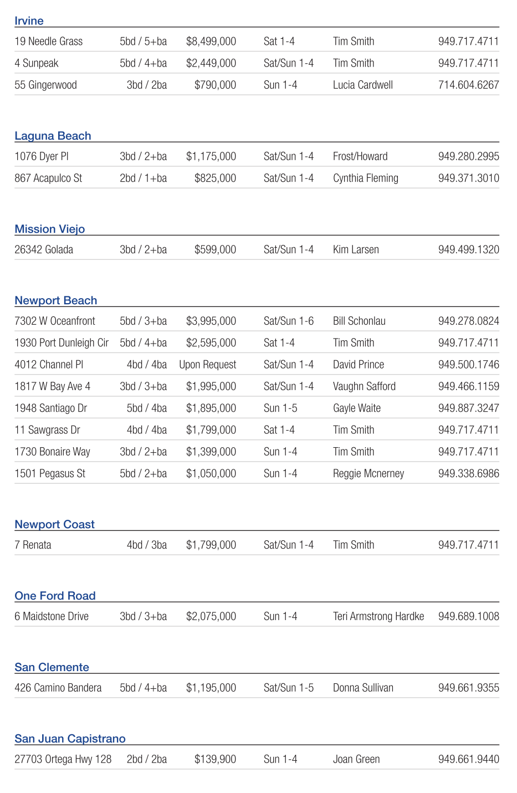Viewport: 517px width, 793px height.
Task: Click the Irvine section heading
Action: point(29,21)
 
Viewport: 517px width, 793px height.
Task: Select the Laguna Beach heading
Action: point(53,136)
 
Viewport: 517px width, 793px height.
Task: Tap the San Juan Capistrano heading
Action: point(70,739)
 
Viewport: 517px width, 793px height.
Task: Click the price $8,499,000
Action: point(211,42)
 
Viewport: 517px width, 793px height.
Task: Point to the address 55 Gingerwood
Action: point(45,85)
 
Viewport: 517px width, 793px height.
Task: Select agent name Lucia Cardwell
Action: point(363,85)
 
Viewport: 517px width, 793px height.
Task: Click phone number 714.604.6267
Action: point(468,85)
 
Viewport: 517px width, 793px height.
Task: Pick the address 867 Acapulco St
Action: point(48,178)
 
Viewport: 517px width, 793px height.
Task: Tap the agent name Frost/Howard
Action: point(360,157)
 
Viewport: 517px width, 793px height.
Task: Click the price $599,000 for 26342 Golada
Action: point(215,250)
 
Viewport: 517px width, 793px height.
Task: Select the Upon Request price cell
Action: point(208,365)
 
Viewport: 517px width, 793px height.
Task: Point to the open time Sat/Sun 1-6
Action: point(289,321)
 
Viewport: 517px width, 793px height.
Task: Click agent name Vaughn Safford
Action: point(364,386)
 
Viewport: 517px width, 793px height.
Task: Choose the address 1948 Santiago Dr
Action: point(51,408)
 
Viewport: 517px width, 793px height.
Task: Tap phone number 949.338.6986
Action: point(468,474)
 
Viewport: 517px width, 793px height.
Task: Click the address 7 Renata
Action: point(33,545)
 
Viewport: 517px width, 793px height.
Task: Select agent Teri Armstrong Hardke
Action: point(378,617)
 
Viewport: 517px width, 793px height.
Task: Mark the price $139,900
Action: point(215,760)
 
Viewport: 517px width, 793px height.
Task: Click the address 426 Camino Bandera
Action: point(58,688)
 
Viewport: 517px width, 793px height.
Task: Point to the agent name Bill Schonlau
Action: point(359,321)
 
